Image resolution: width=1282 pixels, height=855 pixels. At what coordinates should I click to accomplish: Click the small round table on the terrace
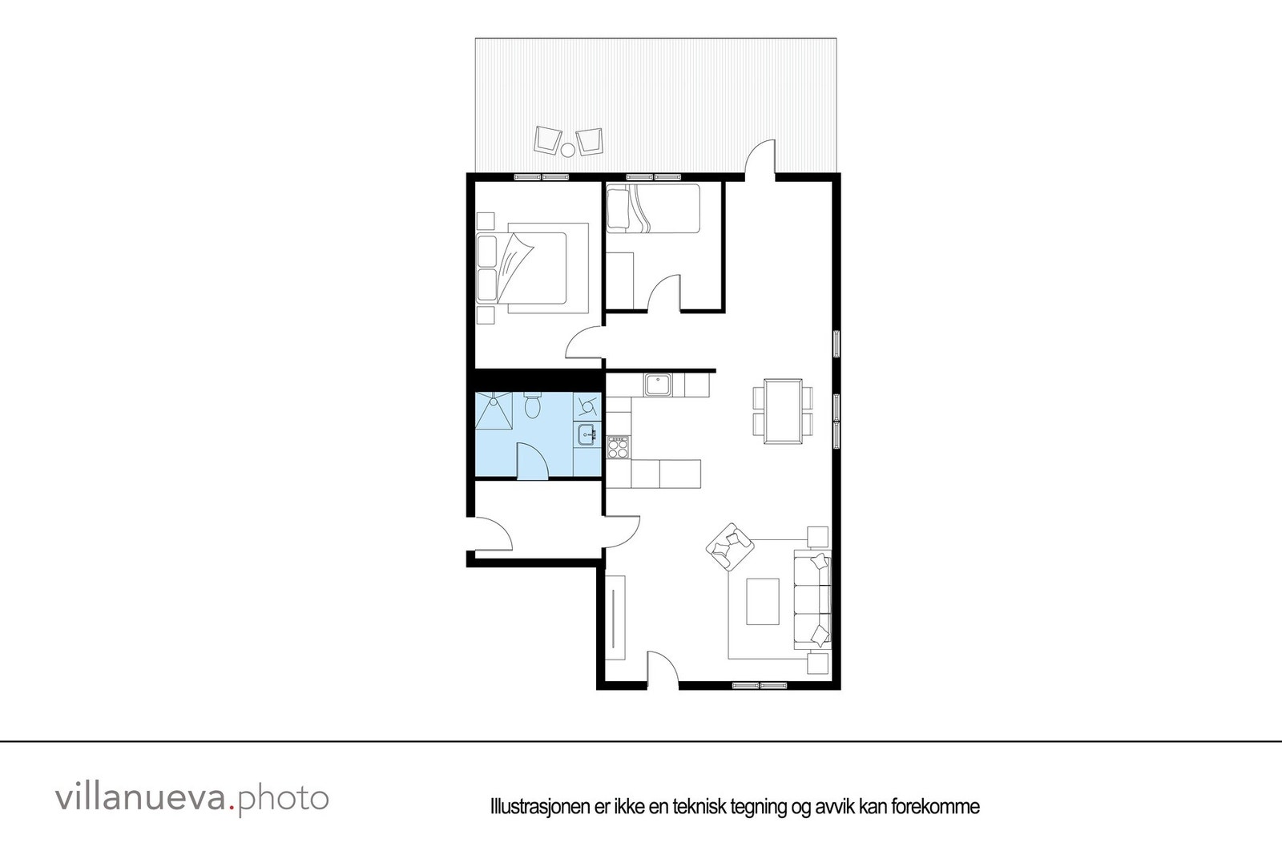tap(567, 149)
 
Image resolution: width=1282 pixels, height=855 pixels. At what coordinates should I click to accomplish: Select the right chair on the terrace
tap(589, 139)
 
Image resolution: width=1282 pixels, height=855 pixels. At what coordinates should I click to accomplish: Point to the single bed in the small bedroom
tap(653, 208)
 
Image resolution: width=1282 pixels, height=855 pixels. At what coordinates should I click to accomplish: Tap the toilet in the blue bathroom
tap(532, 405)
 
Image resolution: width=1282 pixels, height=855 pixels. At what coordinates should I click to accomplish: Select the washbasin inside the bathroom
tap(586, 435)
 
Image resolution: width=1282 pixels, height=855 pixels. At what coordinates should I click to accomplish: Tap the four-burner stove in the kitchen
tap(618, 447)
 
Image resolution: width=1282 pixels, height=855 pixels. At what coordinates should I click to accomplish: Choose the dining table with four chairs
tap(783, 410)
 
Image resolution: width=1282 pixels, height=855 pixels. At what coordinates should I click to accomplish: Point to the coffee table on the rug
tap(762, 601)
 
